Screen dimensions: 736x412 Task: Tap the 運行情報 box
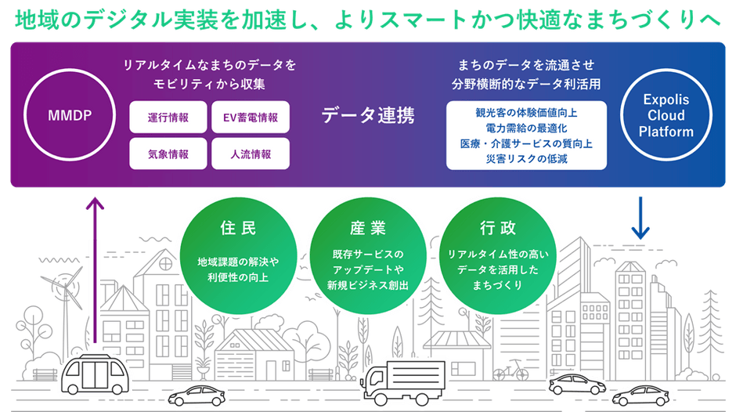click(x=168, y=117)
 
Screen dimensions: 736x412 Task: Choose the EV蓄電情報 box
click(x=251, y=117)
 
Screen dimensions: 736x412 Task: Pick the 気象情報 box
click(x=168, y=154)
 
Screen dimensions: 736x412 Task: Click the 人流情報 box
click(x=251, y=154)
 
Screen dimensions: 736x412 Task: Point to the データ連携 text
click(x=368, y=115)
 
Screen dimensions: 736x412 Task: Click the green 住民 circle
click(x=238, y=255)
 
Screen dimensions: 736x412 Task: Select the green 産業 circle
click(x=368, y=255)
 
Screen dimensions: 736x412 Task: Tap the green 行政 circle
click(x=497, y=255)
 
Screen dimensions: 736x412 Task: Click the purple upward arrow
click(x=96, y=270)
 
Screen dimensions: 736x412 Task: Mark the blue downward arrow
click(x=640, y=218)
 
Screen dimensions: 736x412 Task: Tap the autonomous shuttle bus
click(x=96, y=374)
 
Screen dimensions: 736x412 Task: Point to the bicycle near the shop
click(x=511, y=370)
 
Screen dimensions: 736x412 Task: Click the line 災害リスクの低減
click(x=526, y=159)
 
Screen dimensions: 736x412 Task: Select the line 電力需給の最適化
click(x=526, y=128)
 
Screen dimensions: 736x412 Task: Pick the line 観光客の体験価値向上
click(x=526, y=113)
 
